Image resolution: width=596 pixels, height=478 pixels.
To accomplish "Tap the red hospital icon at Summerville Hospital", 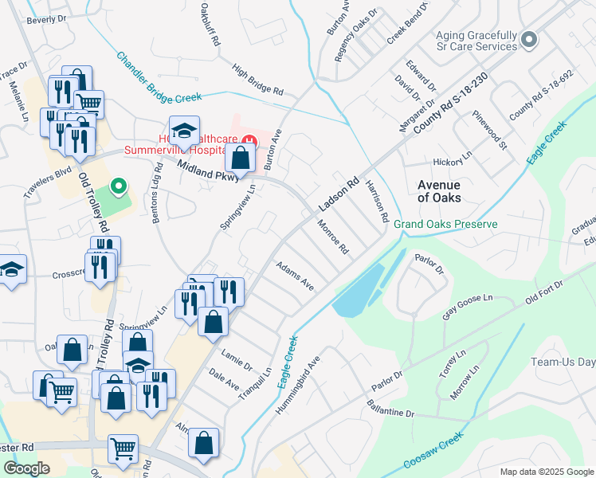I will click(x=249, y=142).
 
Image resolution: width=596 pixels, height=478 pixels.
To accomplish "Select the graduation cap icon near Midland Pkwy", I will click(x=184, y=131).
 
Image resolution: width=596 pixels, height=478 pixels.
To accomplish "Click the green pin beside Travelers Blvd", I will click(x=119, y=186).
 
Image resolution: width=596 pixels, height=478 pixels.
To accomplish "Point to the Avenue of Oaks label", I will click(x=440, y=190).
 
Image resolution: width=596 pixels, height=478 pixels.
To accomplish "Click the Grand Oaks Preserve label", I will click(x=445, y=225).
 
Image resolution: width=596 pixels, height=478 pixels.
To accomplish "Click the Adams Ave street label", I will click(x=295, y=275).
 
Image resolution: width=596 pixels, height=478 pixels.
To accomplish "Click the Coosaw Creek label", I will click(x=433, y=461).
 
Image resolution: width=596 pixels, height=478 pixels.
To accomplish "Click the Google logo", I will click(x=26, y=468).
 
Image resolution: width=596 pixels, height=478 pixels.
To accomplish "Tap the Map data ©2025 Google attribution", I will click(x=546, y=471).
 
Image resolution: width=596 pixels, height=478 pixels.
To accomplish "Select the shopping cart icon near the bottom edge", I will click(x=124, y=450).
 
